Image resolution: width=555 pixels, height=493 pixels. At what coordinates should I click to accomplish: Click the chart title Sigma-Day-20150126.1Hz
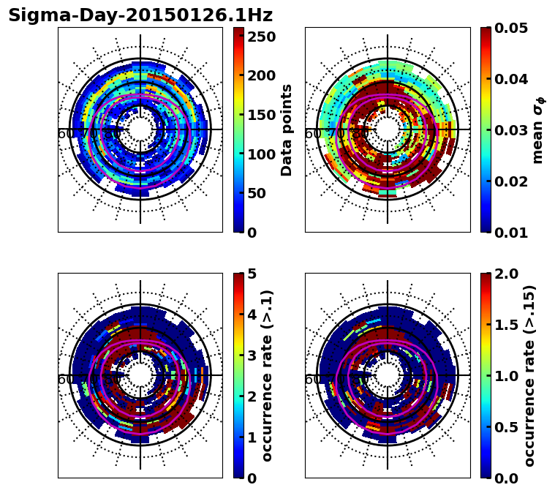(140, 15)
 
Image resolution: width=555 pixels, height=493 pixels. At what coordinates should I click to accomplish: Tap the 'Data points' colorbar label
(287, 129)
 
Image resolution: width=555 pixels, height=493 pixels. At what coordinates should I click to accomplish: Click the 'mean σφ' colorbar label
(538, 130)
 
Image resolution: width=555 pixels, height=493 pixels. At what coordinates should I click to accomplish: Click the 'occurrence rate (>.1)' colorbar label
(268, 375)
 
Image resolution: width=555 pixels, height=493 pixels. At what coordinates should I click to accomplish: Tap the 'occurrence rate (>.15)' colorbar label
(529, 375)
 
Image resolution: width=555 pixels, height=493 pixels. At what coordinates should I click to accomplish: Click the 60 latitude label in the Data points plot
(65, 134)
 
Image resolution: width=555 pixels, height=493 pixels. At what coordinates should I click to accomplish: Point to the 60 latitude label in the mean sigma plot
(312, 134)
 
